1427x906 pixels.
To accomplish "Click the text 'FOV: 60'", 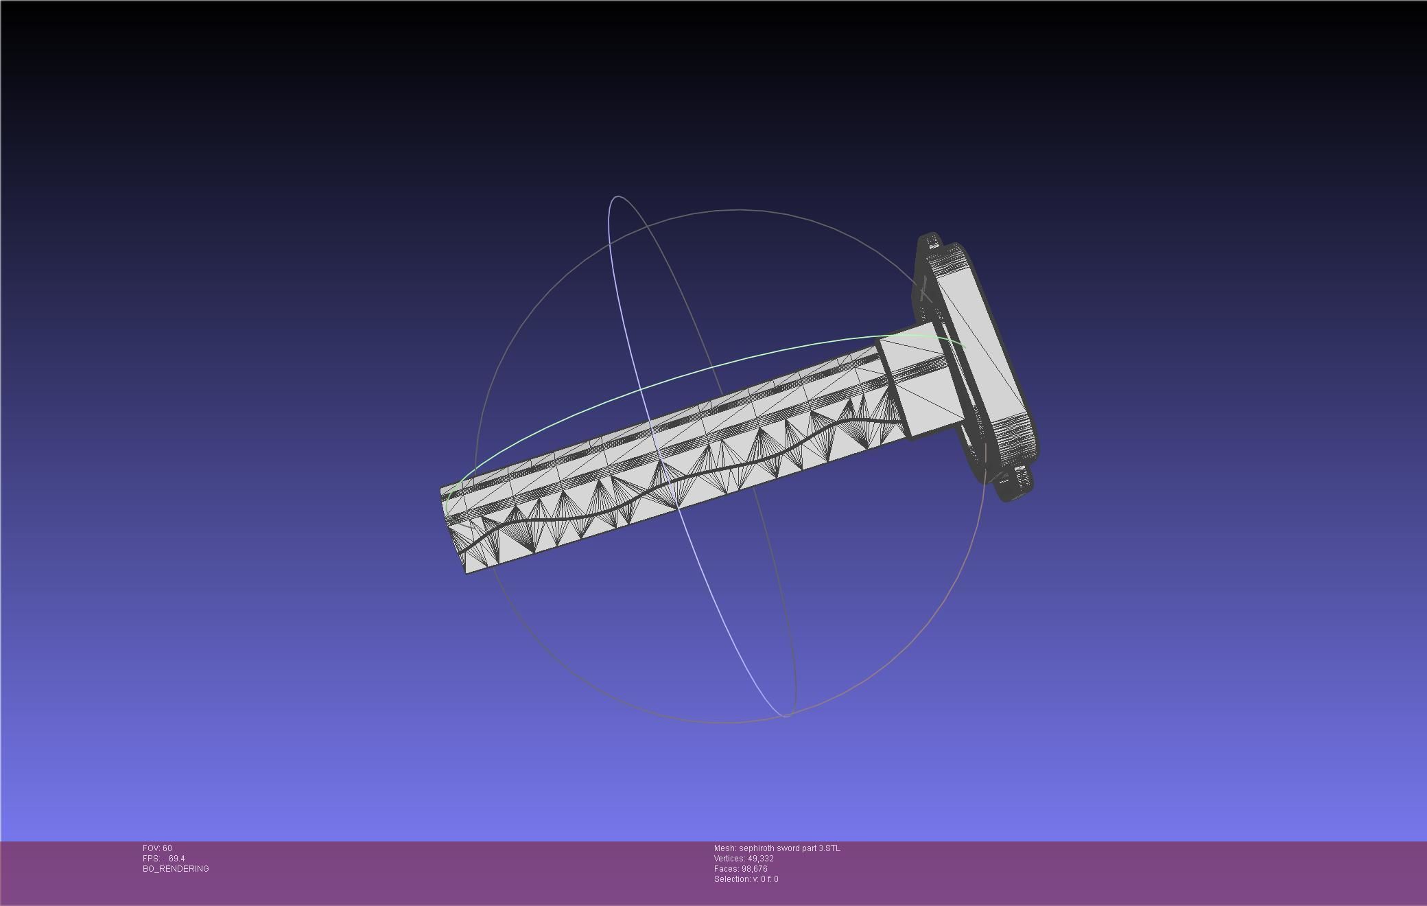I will point(157,848).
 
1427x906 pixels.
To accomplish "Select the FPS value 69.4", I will point(176,859).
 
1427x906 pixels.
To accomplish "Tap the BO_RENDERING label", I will point(176,869).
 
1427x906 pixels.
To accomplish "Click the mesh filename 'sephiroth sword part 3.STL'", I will point(789,848).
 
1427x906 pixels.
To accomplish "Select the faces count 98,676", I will point(754,869).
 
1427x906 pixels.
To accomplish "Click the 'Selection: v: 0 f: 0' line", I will point(746,879).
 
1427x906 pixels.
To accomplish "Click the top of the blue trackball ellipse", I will point(618,197).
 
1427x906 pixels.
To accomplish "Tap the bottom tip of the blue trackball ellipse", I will point(786,716).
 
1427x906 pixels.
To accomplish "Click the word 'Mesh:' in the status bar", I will point(724,848).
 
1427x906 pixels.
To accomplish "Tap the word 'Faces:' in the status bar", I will point(726,869).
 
